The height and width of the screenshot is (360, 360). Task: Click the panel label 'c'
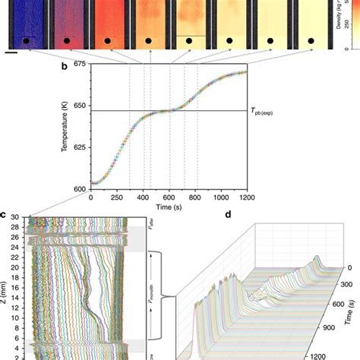tap(4, 215)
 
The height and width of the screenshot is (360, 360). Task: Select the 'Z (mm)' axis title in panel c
tap(7, 289)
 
